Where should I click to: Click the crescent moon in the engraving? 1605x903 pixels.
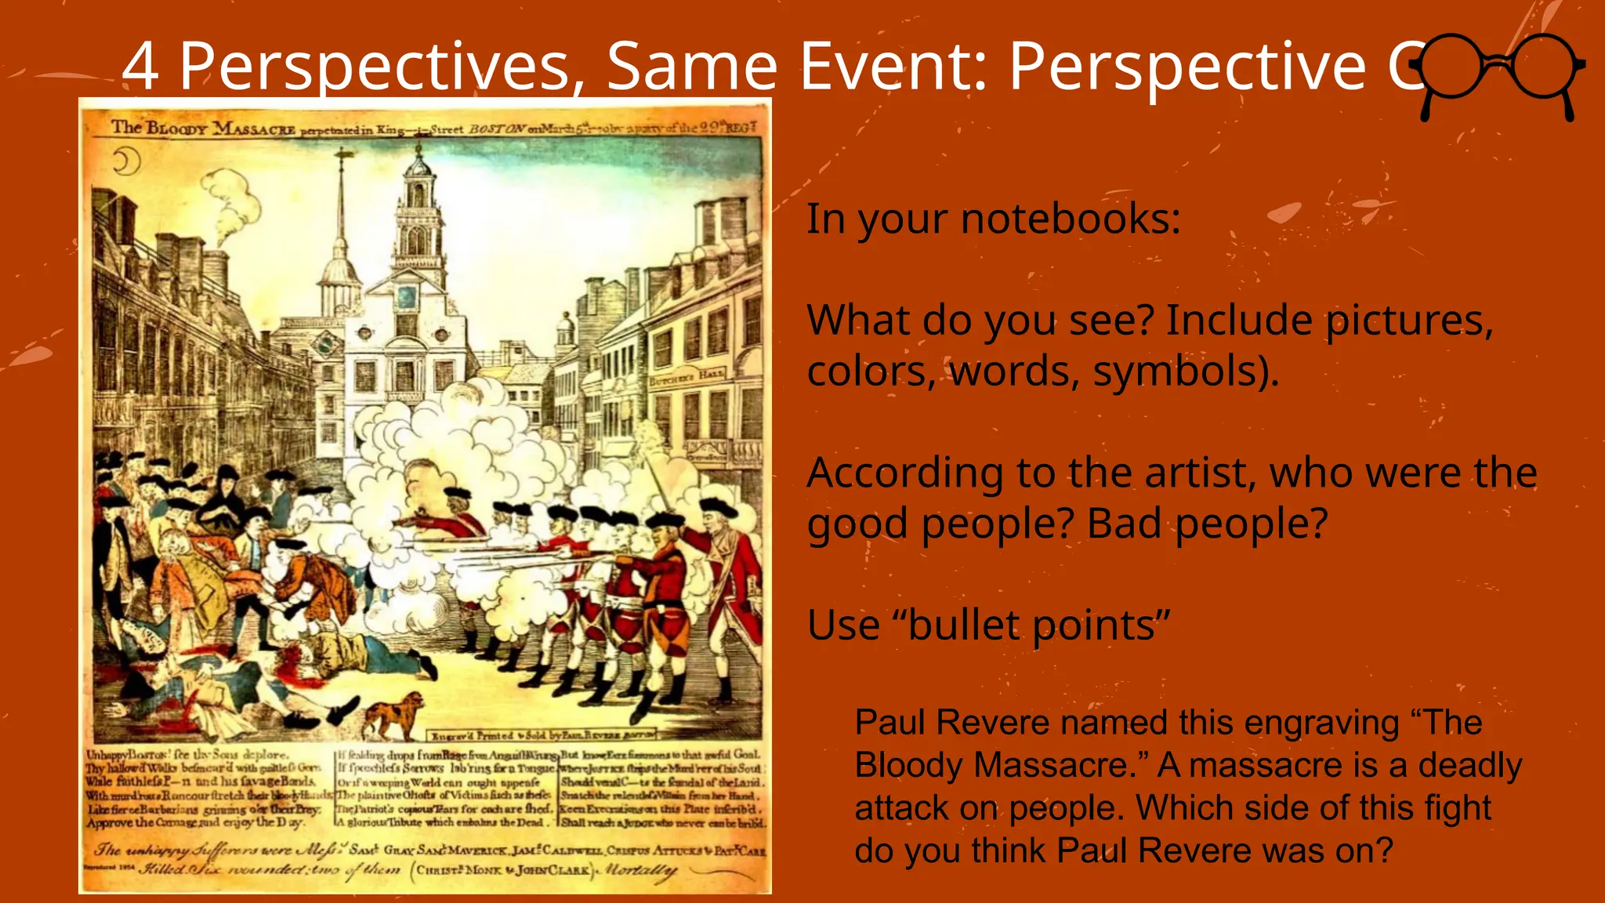coord(125,162)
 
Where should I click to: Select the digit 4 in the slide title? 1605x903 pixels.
coord(141,67)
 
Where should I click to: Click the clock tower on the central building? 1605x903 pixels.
coord(418,212)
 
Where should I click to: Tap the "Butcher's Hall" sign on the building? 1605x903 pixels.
coord(687,377)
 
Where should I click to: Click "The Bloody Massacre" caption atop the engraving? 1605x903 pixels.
coord(202,128)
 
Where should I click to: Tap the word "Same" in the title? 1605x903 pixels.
coord(692,67)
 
